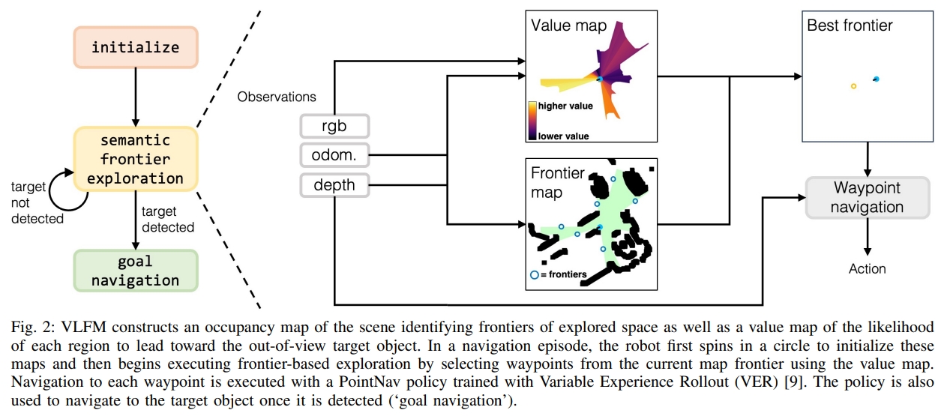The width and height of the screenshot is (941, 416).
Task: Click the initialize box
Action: pos(136,47)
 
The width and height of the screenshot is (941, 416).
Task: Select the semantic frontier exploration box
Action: pos(136,159)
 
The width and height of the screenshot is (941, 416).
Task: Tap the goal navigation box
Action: pos(136,271)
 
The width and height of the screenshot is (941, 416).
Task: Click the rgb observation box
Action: pos(334,125)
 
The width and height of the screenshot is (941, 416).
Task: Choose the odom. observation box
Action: pos(334,155)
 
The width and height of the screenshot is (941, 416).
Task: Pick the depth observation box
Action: pos(334,185)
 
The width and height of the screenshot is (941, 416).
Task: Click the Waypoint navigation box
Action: pos(867,197)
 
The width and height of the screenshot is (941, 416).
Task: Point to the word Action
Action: pos(867,268)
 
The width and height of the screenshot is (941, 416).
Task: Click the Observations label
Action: pos(277,97)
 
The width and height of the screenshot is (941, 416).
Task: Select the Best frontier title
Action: pos(850,25)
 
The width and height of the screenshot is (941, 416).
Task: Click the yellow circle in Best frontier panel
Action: pos(853,86)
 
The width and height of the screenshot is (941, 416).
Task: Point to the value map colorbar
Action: pos(532,121)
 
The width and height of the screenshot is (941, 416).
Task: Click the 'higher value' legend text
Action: pos(565,106)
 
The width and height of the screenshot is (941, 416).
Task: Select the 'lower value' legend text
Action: pos(564,136)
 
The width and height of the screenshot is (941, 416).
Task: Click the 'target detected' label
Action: pos(167,220)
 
